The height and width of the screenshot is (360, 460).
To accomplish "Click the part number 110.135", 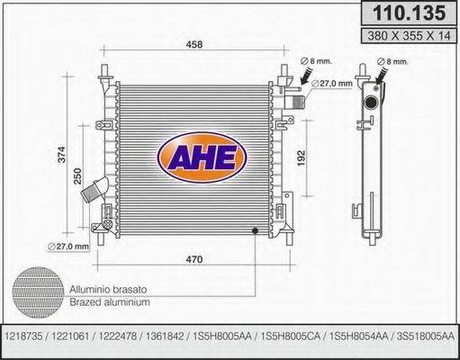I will click(x=409, y=13).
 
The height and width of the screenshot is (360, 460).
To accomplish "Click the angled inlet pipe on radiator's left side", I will click(x=94, y=192).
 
